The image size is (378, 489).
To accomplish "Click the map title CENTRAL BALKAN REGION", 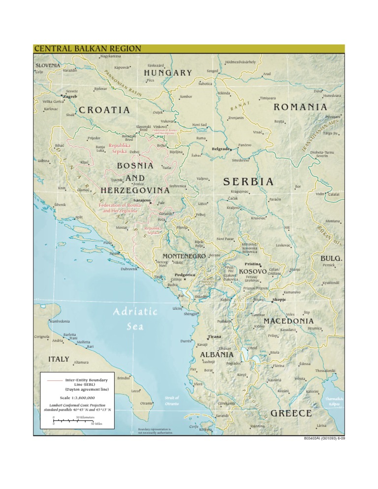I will pyautogui.click(x=88, y=48).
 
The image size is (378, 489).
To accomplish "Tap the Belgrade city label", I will pyautogui.click(x=221, y=148).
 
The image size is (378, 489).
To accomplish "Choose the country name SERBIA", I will pyautogui.click(x=248, y=182).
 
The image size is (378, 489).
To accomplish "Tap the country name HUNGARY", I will pyautogui.click(x=168, y=73).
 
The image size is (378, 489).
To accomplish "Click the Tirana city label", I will pyautogui.click(x=215, y=336).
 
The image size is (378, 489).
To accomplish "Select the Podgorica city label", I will pyautogui.click(x=185, y=275).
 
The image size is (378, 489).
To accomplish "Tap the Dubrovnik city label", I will pyautogui.click(x=131, y=269).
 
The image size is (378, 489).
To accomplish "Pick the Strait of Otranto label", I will pyautogui.click(x=172, y=400).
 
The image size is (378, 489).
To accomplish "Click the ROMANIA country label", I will pyautogui.click(x=300, y=107).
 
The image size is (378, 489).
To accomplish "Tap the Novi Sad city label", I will pyautogui.click(x=199, y=125).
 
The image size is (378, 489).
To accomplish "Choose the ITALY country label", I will pyautogui.click(x=59, y=359).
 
